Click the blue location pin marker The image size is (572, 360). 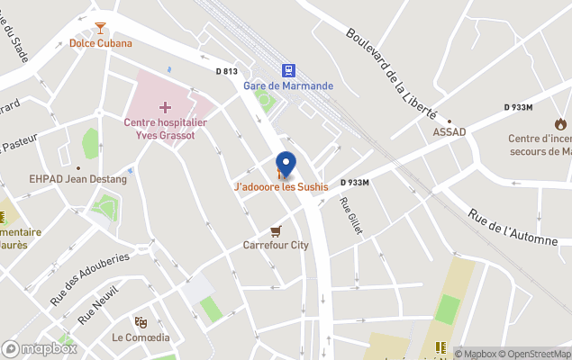286,163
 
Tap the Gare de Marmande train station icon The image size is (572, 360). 288,70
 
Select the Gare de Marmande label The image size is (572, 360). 288,86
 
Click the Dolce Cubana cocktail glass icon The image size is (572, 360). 100,28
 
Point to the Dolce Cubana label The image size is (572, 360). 101,43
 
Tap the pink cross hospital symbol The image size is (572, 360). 165,107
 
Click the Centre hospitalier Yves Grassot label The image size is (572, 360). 165,129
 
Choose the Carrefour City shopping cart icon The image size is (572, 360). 276,230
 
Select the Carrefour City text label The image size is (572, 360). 276,245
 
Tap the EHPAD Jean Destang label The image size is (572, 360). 77,179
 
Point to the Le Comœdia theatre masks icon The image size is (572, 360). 141,322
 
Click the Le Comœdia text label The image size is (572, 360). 141,337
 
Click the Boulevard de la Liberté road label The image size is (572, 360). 391,73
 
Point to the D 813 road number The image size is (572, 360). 227,72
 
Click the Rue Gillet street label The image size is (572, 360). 350,217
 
